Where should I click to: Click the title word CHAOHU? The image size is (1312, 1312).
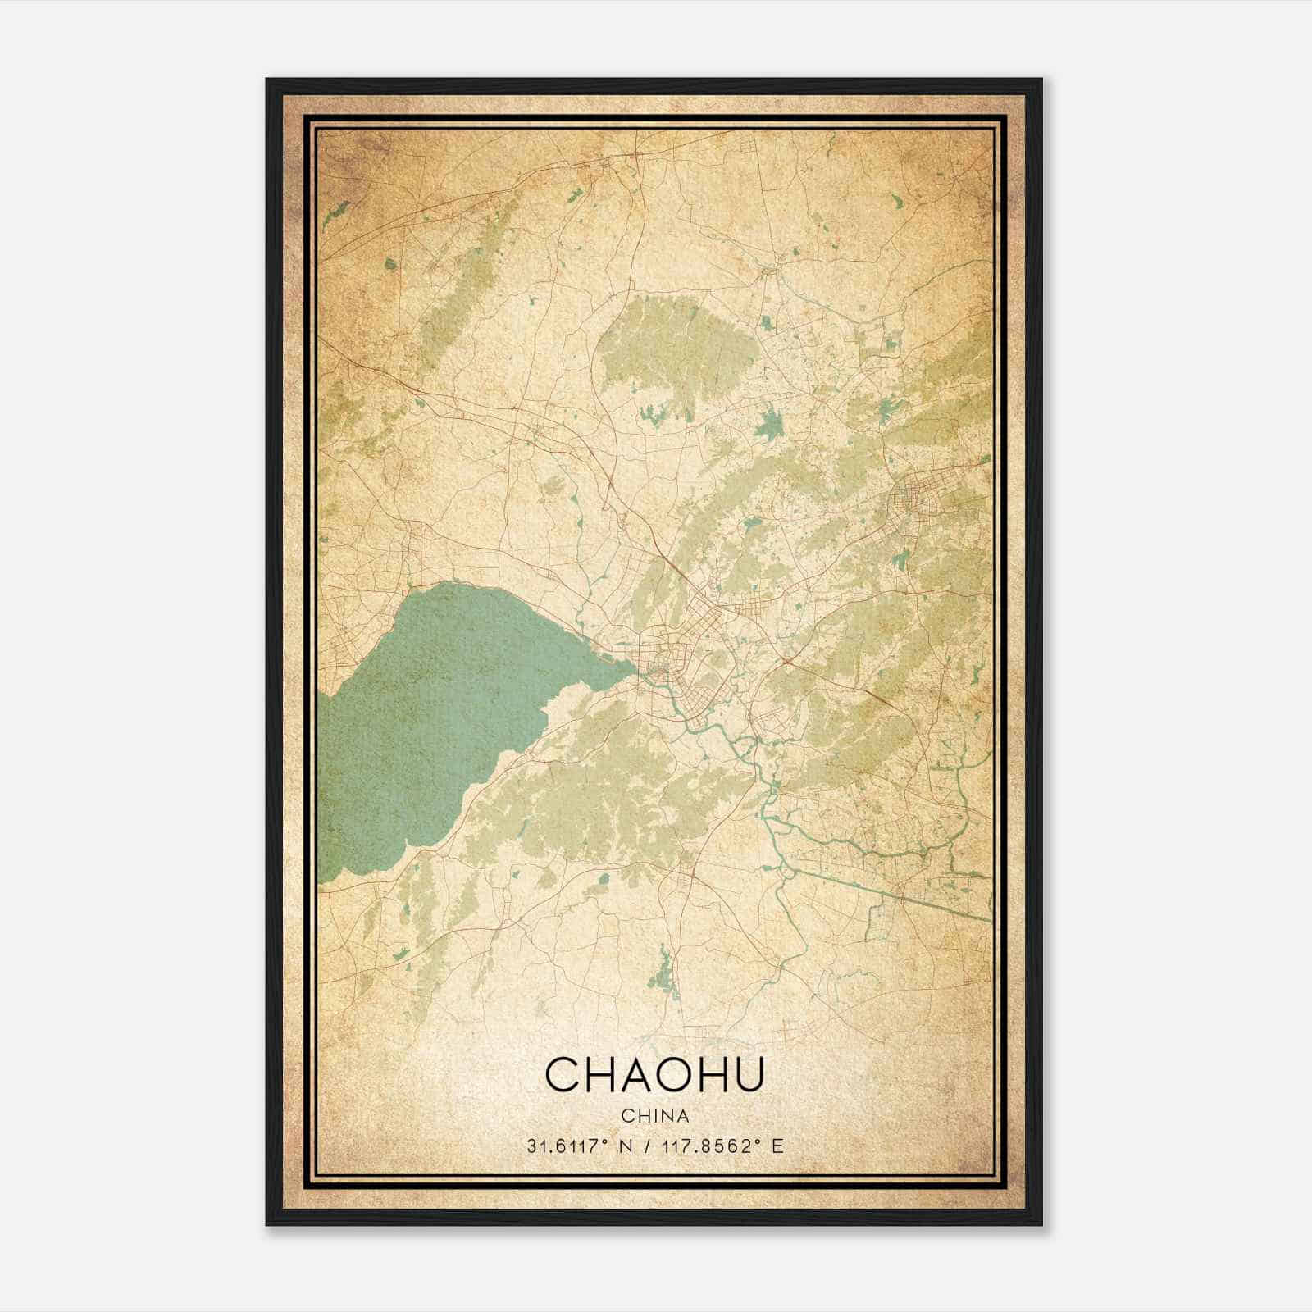654,1074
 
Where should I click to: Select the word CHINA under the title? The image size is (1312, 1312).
654,1116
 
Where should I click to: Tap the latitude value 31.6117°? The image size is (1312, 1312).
567,1146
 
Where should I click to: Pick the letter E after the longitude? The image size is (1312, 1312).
777,1146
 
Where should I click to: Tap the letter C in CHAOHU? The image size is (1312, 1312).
563,1074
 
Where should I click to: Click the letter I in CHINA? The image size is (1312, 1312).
651,1116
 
